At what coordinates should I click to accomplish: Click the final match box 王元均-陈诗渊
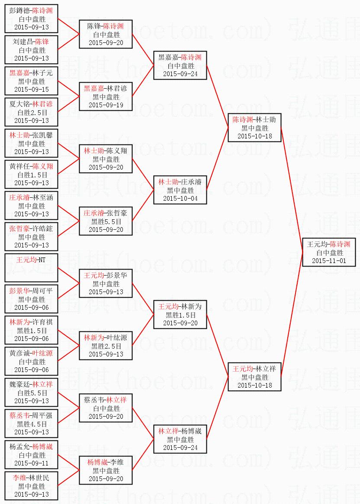(x=329, y=252)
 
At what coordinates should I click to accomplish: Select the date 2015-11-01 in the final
(x=329, y=261)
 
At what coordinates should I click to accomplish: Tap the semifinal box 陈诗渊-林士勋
(x=255, y=128)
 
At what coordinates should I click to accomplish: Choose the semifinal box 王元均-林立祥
(x=255, y=377)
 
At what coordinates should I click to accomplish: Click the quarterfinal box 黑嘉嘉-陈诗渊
(x=180, y=65)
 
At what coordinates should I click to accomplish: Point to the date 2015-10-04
(x=180, y=199)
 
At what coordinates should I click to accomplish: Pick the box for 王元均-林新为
(x=180, y=315)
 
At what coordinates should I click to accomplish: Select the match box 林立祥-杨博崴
(x=180, y=439)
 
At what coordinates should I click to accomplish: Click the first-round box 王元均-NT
(x=31, y=268)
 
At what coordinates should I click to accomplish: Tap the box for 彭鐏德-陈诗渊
(x=31, y=19)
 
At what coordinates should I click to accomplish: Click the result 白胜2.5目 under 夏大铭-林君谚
(x=31, y=112)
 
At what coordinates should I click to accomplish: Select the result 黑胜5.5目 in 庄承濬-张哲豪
(x=106, y=222)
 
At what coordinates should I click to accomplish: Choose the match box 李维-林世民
(x=31, y=486)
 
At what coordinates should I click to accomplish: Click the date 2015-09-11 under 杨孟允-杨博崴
(x=31, y=463)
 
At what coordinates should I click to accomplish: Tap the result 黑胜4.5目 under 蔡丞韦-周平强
(x=31, y=424)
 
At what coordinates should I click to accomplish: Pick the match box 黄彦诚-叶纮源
(x=31, y=361)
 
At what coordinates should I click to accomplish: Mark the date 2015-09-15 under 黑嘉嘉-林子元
(x=31, y=89)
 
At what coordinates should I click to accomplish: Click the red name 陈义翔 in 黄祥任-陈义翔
(x=43, y=167)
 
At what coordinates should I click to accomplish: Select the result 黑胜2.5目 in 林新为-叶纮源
(x=106, y=346)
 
